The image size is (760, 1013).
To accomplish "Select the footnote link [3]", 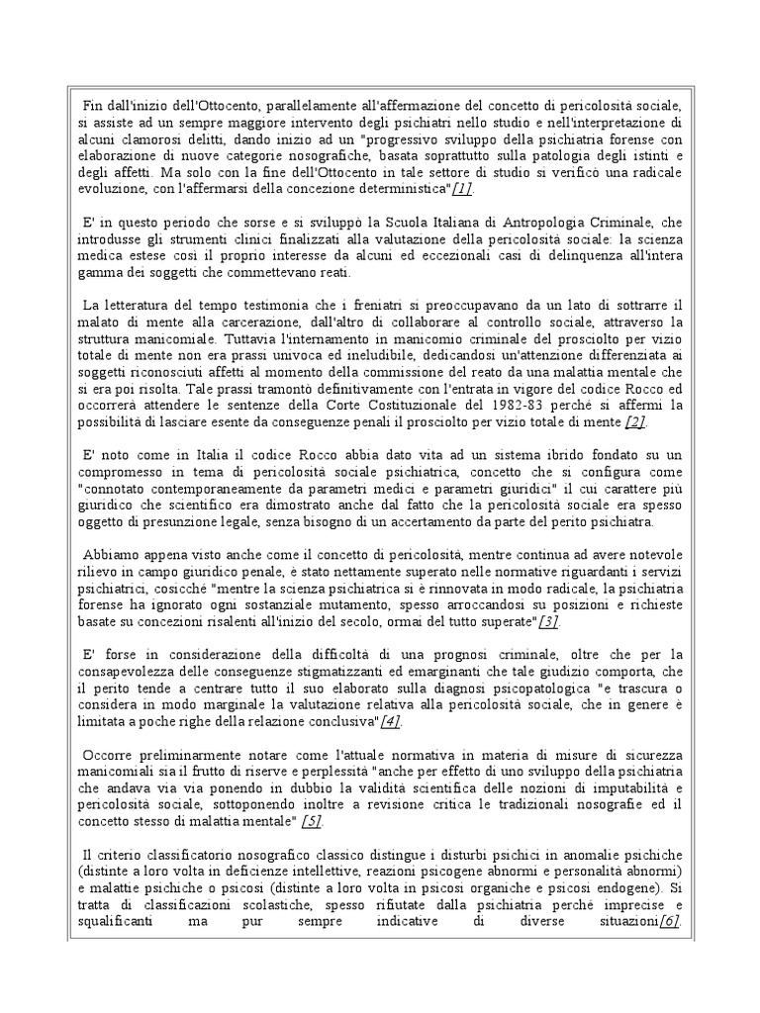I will [549, 620].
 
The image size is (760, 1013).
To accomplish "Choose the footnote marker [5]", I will [312, 821].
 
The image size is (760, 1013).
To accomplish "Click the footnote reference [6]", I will [668, 923].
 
